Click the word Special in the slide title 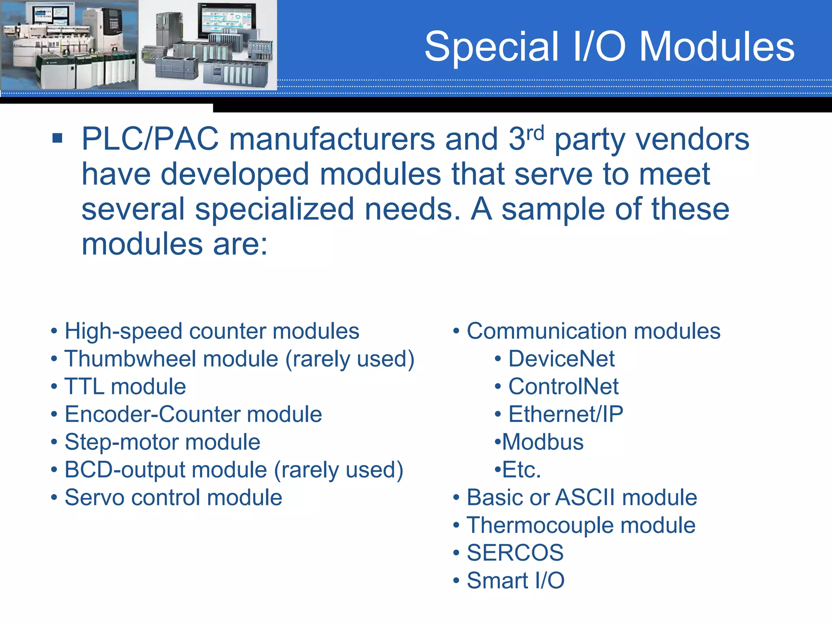pyautogui.click(x=492, y=48)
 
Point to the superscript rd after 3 pyautogui.click(x=535, y=133)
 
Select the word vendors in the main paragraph pyautogui.click(x=692, y=139)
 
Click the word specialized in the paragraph pyautogui.click(x=274, y=209)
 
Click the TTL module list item pyautogui.click(x=125, y=386)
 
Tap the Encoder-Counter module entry pyautogui.click(x=193, y=414)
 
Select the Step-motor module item pyautogui.click(x=162, y=442)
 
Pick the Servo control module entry pyautogui.click(x=173, y=498)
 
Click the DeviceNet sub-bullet pyautogui.click(x=561, y=359)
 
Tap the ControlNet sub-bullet pyautogui.click(x=563, y=386)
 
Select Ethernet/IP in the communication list pyautogui.click(x=565, y=414)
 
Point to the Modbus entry pyautogui.click(x=542, y=442)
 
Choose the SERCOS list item pyautogui.click(x=515, y=553)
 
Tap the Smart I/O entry pyautogui.click(x=515, y=581)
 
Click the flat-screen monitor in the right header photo pyautogui.click(x=226, y=20)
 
